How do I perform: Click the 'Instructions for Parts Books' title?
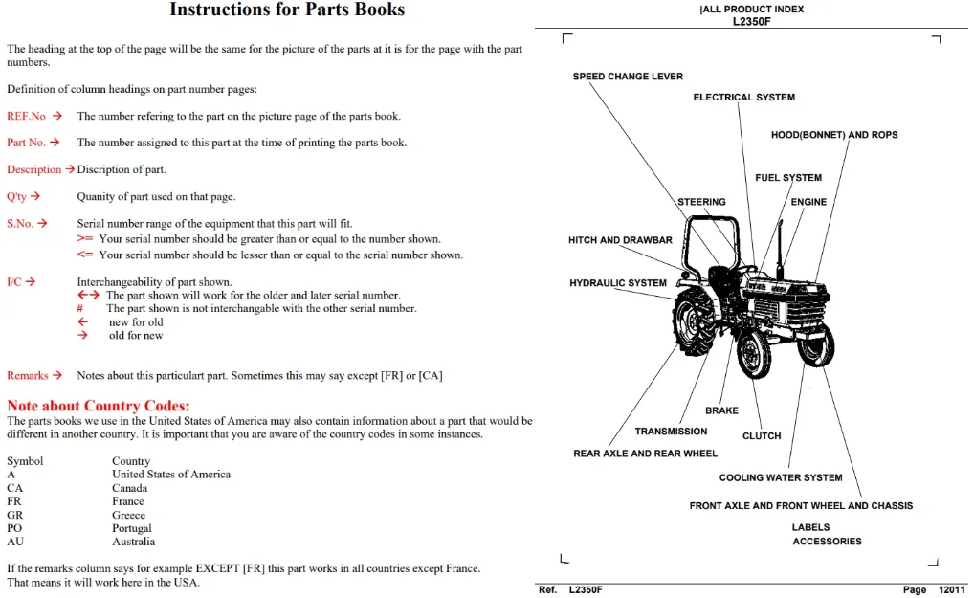[x=287, y=10]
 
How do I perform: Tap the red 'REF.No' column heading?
[x=26, y=116]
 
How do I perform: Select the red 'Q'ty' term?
[x=17, y=197]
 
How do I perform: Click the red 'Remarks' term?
[x=28, y=376]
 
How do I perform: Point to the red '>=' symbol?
[x=85, y=239]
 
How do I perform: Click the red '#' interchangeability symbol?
[x=80, y=309]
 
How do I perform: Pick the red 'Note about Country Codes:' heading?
[x=99, y=406]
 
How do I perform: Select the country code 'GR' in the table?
[x=15, y=515]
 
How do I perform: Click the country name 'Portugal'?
[x=132, y=528]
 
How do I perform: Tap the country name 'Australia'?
[x=134, y=542]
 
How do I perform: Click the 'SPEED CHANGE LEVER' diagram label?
[x=628, y=77]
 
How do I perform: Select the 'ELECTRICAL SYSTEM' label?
[x=743, y=97]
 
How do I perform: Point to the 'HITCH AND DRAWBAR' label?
[x=620, y=240]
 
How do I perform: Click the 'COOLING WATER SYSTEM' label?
[x=781, y=477]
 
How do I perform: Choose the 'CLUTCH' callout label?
[x=762, y=436]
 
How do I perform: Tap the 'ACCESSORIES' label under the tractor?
[x=827, y=542]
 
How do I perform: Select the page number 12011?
[x=952, y=590]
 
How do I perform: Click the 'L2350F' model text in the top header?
[x=752, y=21]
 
